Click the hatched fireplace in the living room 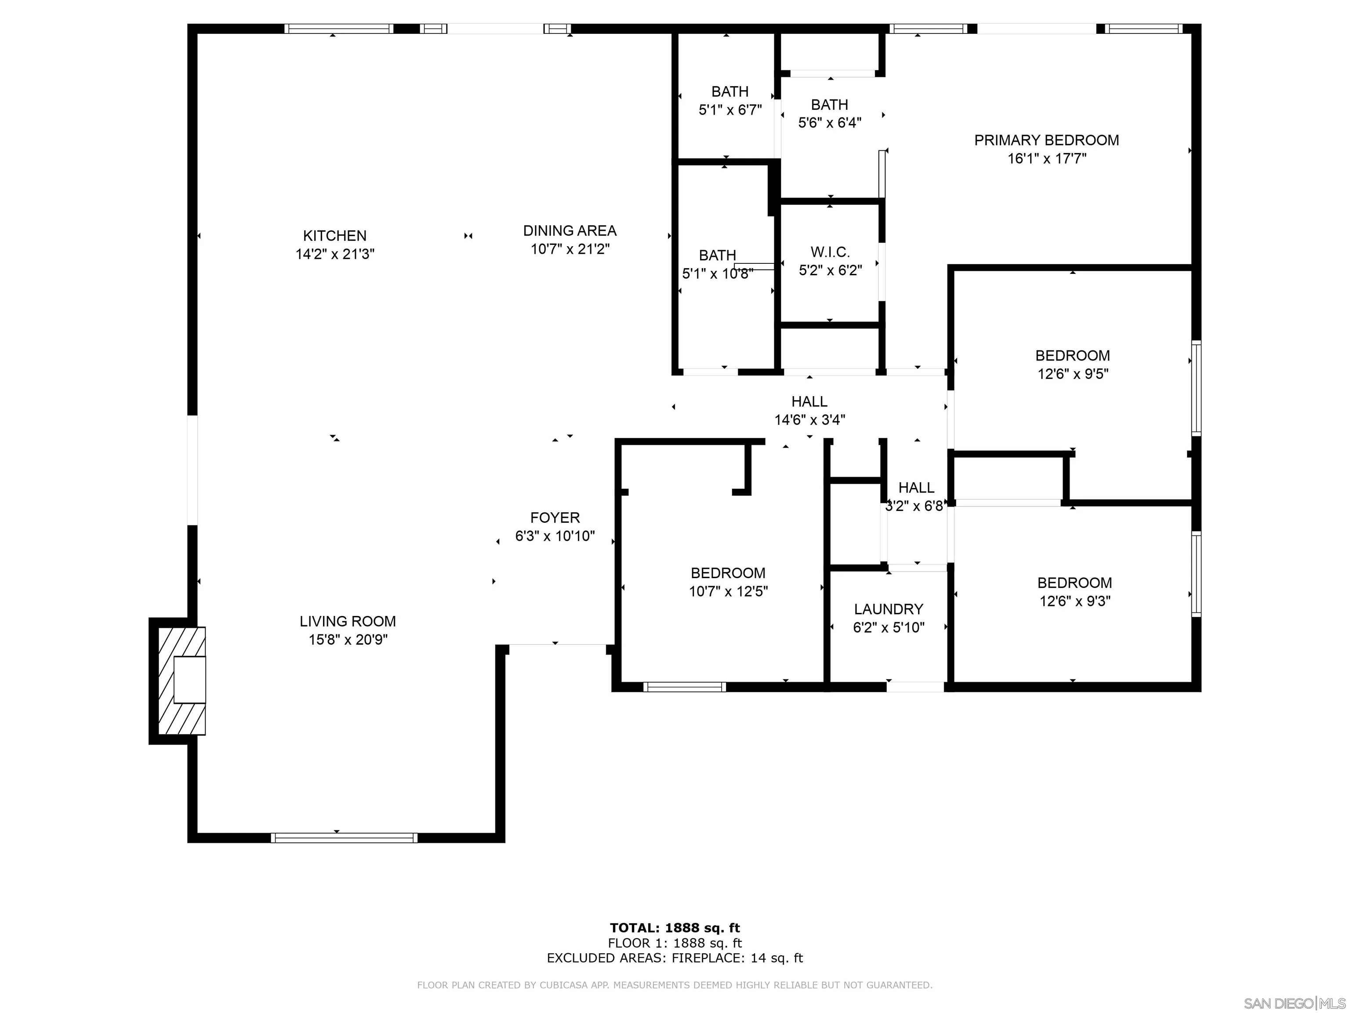(x=181, y=680)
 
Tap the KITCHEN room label (x=334, y=236)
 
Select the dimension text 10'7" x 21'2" (x=570, y=249)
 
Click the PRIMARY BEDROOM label (x=1046, y=140)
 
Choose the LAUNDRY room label (x=888, y=609)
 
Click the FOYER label (x=555, y=518)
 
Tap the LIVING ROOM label (x=347, y=622)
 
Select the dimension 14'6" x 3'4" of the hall (x=809, y=420)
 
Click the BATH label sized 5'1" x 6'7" (x=730, y=91)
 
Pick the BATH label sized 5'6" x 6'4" (x=829, y=105)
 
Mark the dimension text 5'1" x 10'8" (x=717, y=274)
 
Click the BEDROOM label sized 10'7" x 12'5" (x=727, y=573)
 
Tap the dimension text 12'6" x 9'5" (x=1072, y=374)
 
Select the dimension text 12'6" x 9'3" (x=1074, y=601)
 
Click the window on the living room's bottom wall (x=344, y=838)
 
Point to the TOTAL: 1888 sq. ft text (x=675, y=928)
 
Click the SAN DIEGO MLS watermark (x=1294, y=1003)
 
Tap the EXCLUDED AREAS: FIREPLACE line (x=675, y=958)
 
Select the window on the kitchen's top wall (x=339, y=29)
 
